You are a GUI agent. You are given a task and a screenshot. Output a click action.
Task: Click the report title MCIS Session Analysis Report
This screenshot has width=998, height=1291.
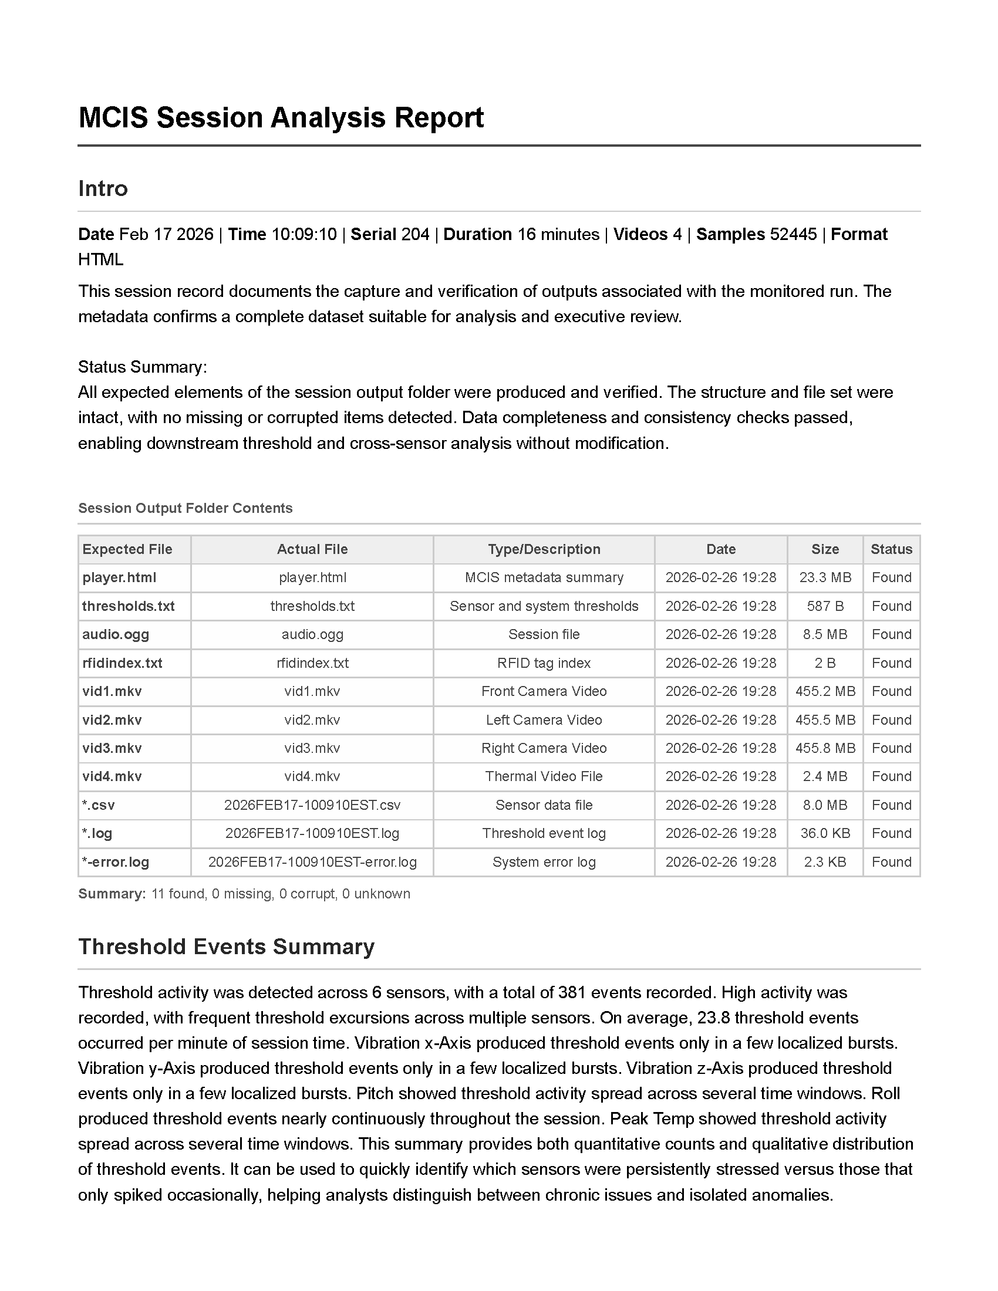[x=281, y=117]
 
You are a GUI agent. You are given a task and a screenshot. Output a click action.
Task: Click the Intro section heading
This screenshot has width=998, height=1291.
[x=103, y=188]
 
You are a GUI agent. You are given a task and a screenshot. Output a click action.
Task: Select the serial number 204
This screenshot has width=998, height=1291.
[x=415, y=235]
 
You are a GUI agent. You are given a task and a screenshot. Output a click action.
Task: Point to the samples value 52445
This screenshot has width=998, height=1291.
[x=793, y=235]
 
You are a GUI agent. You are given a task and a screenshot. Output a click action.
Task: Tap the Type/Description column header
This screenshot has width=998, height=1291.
[x=544, y=549]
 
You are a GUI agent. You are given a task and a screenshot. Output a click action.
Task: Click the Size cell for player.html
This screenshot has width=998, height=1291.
[x=825, y=577]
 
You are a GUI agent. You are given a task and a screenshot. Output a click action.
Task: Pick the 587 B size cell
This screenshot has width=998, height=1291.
[x=825, y=606]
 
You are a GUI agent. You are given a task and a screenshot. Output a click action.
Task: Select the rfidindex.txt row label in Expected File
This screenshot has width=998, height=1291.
[x=122, y=663]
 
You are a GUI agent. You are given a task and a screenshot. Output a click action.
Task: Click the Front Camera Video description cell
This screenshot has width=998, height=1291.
[x=544, y=691]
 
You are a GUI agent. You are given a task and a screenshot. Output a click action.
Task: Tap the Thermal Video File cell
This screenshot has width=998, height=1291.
[x=544, y=776]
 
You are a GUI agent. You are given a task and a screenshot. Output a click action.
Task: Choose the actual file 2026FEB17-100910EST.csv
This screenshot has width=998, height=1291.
[x=312, y=805]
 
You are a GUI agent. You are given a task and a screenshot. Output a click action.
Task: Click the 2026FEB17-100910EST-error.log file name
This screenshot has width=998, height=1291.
[x=312, y=862]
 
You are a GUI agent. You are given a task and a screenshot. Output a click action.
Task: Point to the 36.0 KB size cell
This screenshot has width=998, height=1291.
[x=825, y=833]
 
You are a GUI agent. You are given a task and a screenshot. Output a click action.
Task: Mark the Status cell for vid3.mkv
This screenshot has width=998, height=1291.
[x=891, y=748]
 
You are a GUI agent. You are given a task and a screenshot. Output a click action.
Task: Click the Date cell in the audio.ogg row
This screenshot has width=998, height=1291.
[x=721, y=634]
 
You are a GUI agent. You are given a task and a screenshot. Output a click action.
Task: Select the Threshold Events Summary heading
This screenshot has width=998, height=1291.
[x=227, y=947]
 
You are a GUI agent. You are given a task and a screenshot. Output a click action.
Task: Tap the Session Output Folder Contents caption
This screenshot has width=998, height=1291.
[x=185, y=508]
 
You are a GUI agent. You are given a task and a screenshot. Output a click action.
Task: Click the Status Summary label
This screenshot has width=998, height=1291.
[x=143, y=367]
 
